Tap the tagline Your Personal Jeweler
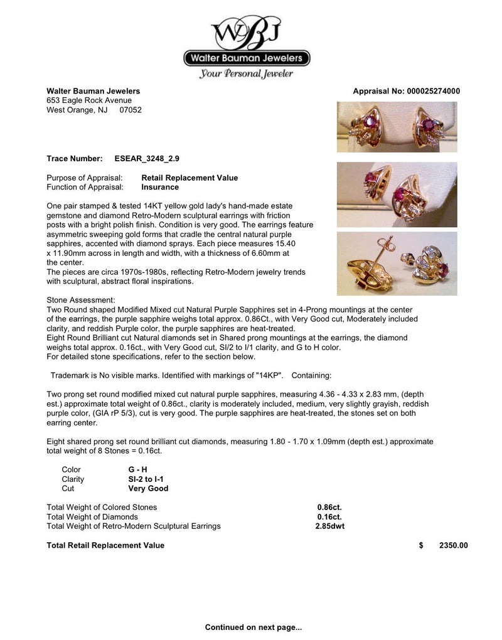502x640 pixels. click(x=246, y=74)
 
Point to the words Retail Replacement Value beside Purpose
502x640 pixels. click(x=190, y=178)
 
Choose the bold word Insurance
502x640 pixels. click(x=160, y=187)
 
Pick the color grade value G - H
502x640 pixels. click(x=139, y=469)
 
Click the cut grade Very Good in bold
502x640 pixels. click(x=148, y=488)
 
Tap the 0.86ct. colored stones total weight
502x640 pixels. click(x=329, y=507)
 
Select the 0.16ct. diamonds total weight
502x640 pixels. click(x=329, y=516)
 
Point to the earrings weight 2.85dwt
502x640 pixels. click(x=329, y=526)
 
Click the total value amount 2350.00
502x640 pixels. click(x=453, y=545)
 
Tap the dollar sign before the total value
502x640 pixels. click(x=421, y=545)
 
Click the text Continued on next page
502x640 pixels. click(x=254, y=627)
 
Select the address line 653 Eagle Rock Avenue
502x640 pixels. click(x=89, y=100)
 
